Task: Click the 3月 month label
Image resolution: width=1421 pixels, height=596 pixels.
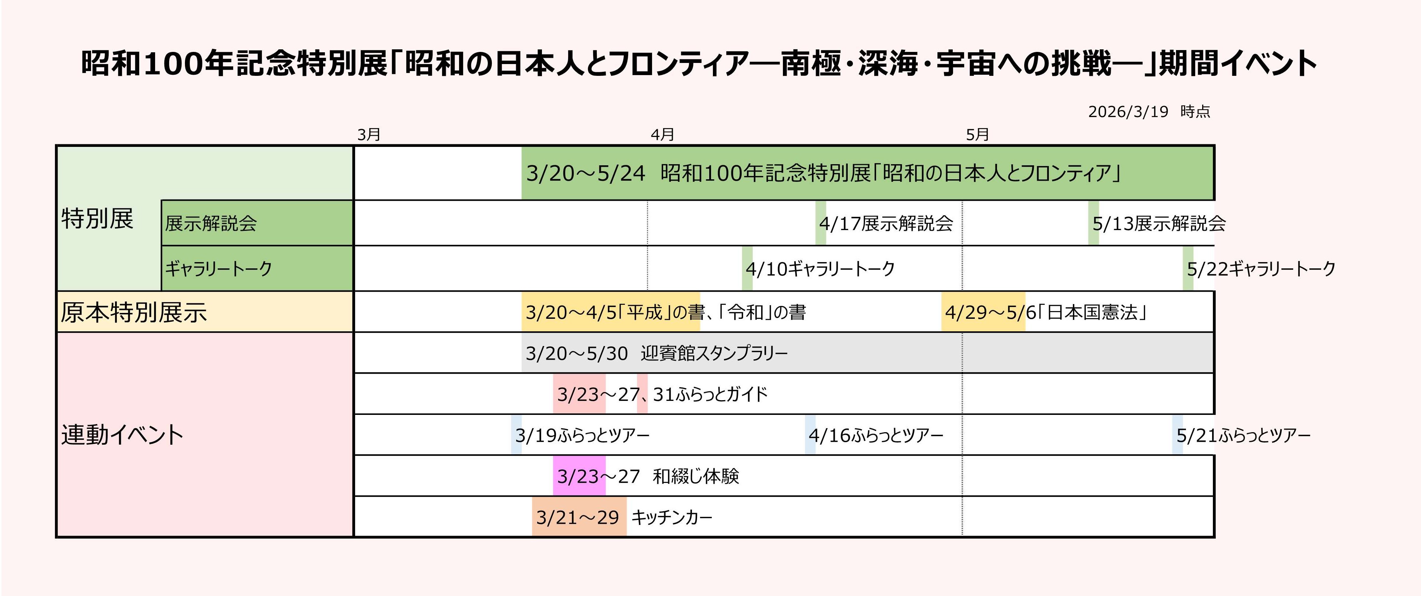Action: pos(368,134)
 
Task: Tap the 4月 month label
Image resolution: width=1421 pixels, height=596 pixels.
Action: pos(662,134)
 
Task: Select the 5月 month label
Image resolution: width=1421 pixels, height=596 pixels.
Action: pos(977,134)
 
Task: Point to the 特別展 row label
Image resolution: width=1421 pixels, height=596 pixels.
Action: pos(98,218)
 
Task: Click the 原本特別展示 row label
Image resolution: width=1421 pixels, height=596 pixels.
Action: pos(133,312)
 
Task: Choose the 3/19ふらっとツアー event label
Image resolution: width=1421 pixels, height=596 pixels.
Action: pos(582,435)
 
